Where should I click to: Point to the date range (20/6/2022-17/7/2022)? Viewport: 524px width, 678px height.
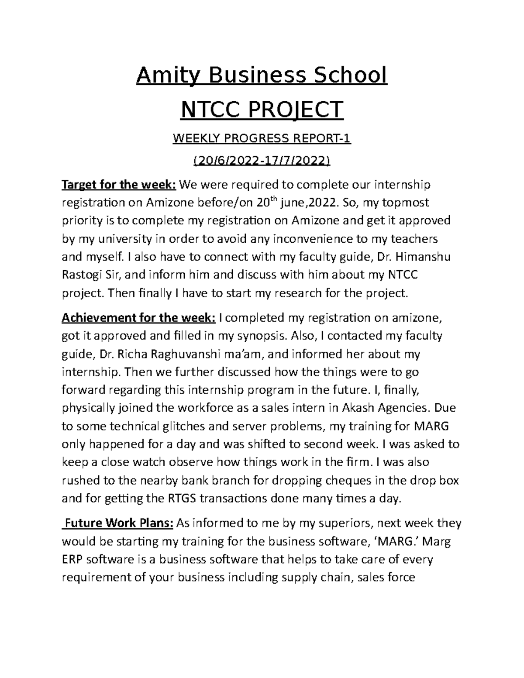coord(262,162)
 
